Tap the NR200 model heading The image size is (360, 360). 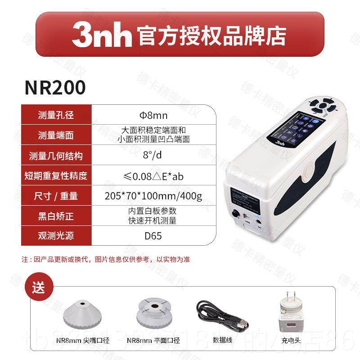point(55,88)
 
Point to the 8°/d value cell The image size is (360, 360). point(153,156)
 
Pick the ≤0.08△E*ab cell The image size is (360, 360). point(153,176)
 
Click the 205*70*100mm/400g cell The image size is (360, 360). point(153,196)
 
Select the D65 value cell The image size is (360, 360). point(153,236)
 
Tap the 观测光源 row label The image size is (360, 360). point(56,236)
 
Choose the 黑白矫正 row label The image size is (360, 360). point(56,216)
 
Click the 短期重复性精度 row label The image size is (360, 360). point(56,176)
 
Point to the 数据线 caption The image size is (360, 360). point(222,341)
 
